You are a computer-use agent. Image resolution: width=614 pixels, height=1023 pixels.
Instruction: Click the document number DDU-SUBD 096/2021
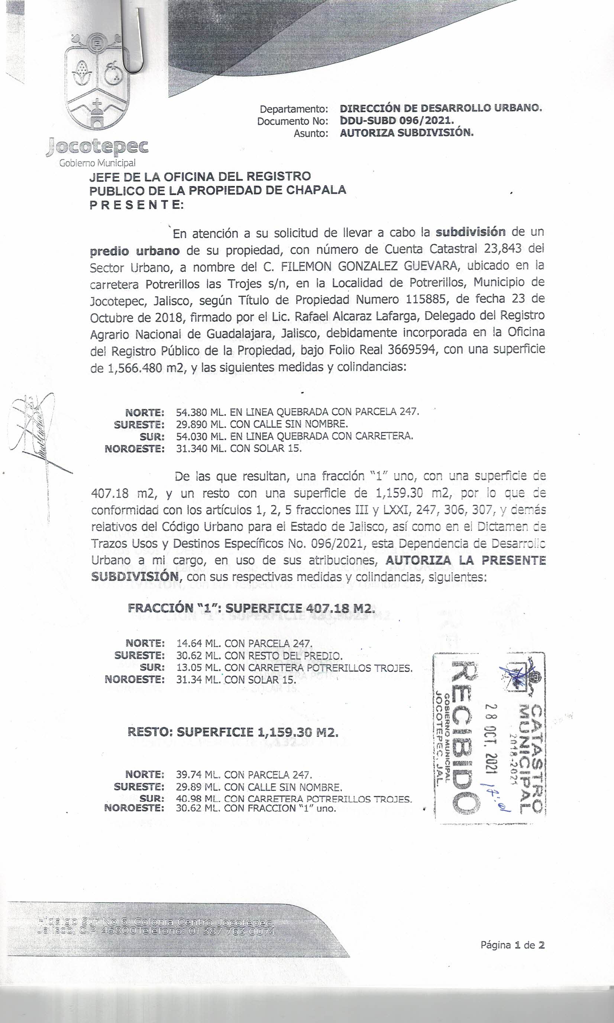pos(396,121)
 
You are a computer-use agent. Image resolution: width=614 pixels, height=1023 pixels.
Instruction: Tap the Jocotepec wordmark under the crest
pos(98,146)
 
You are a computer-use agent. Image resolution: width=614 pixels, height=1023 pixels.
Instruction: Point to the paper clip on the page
pos(135,41)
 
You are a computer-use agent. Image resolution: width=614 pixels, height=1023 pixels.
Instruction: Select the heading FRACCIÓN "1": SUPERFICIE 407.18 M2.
pos(252,608)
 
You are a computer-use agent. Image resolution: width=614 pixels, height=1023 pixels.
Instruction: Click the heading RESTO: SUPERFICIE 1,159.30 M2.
pos(233,732)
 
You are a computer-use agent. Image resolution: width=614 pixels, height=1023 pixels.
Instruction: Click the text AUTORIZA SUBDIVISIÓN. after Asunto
pos(406,133)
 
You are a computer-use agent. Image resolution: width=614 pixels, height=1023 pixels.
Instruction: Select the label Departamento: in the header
pos(294,109)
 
